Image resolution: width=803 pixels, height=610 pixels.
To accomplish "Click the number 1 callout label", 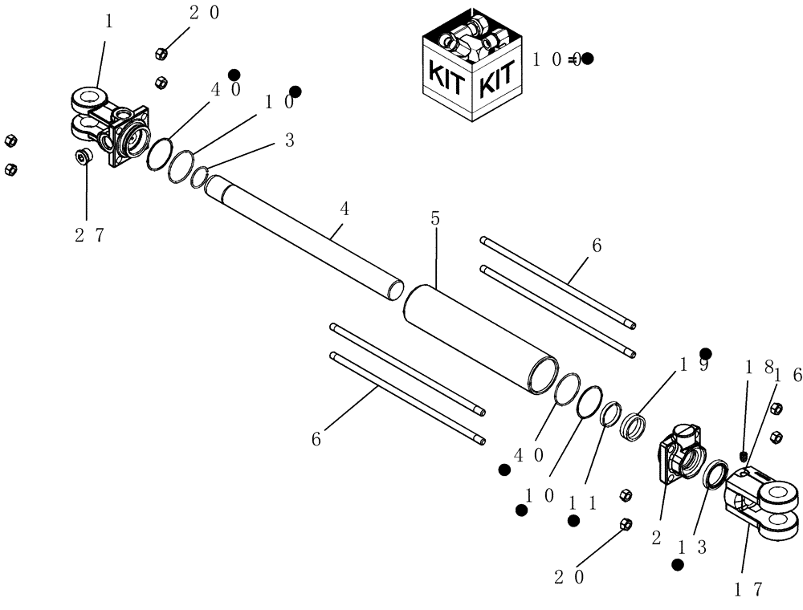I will (108, 22).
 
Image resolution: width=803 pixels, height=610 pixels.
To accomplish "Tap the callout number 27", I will (89, 234).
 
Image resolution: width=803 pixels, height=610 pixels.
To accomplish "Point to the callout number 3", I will (289, 140).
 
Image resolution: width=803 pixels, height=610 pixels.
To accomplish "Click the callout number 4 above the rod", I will (344, 209).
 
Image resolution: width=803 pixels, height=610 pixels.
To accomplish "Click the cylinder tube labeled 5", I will (482, 337).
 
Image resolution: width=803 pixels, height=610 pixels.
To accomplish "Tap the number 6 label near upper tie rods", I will (596, 246).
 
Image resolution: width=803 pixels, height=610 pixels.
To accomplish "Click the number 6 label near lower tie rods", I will (316, 438).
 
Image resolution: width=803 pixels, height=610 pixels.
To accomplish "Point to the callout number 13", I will (691, 547).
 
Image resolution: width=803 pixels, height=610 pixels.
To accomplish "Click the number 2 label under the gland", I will (656, 539).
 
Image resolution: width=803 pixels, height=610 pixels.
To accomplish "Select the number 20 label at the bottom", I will (569, 575).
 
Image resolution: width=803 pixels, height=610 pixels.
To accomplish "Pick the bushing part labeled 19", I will (636, 425).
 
